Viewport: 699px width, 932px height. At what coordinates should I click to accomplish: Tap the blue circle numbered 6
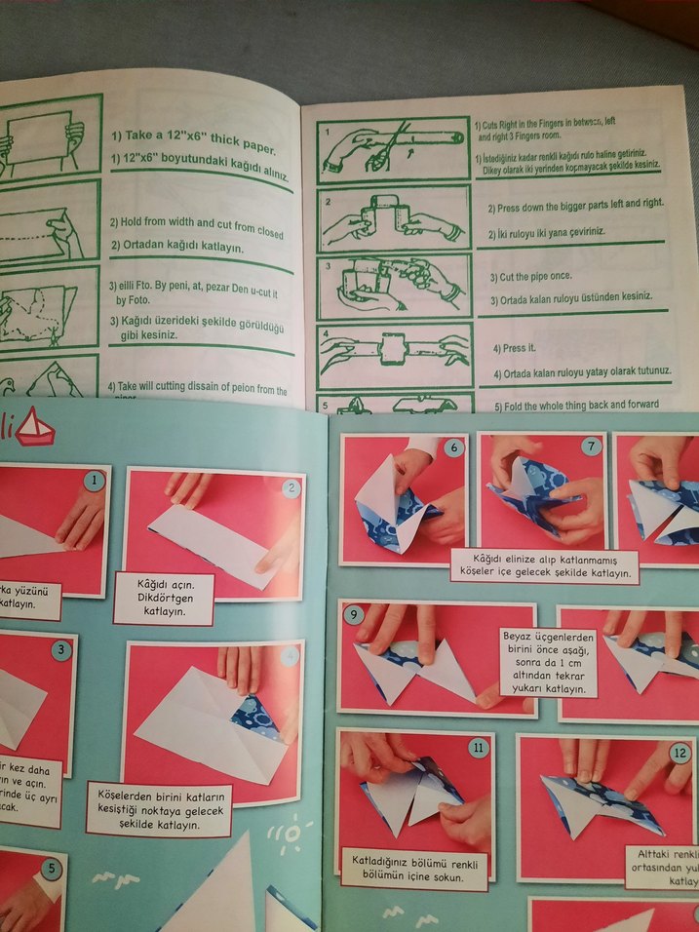[x=452, y=447]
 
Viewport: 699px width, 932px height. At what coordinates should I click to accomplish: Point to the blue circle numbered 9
[x=355, y=615]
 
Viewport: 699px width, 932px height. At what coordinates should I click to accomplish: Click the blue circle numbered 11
[x=478, y=748]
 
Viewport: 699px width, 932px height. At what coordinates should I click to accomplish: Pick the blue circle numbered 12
[x=680, y=752]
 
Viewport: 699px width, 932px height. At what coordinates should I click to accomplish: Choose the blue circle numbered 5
[x=50, y=865]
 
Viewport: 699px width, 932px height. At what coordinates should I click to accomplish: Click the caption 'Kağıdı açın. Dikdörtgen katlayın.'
[x=163, y=600]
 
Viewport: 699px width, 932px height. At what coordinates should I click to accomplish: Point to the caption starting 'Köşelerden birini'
[x=158, y=808]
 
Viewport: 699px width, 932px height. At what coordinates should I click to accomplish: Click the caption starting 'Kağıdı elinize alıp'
[x=543, y=566]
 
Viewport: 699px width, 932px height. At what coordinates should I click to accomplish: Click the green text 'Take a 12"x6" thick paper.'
[x=193, y=137]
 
